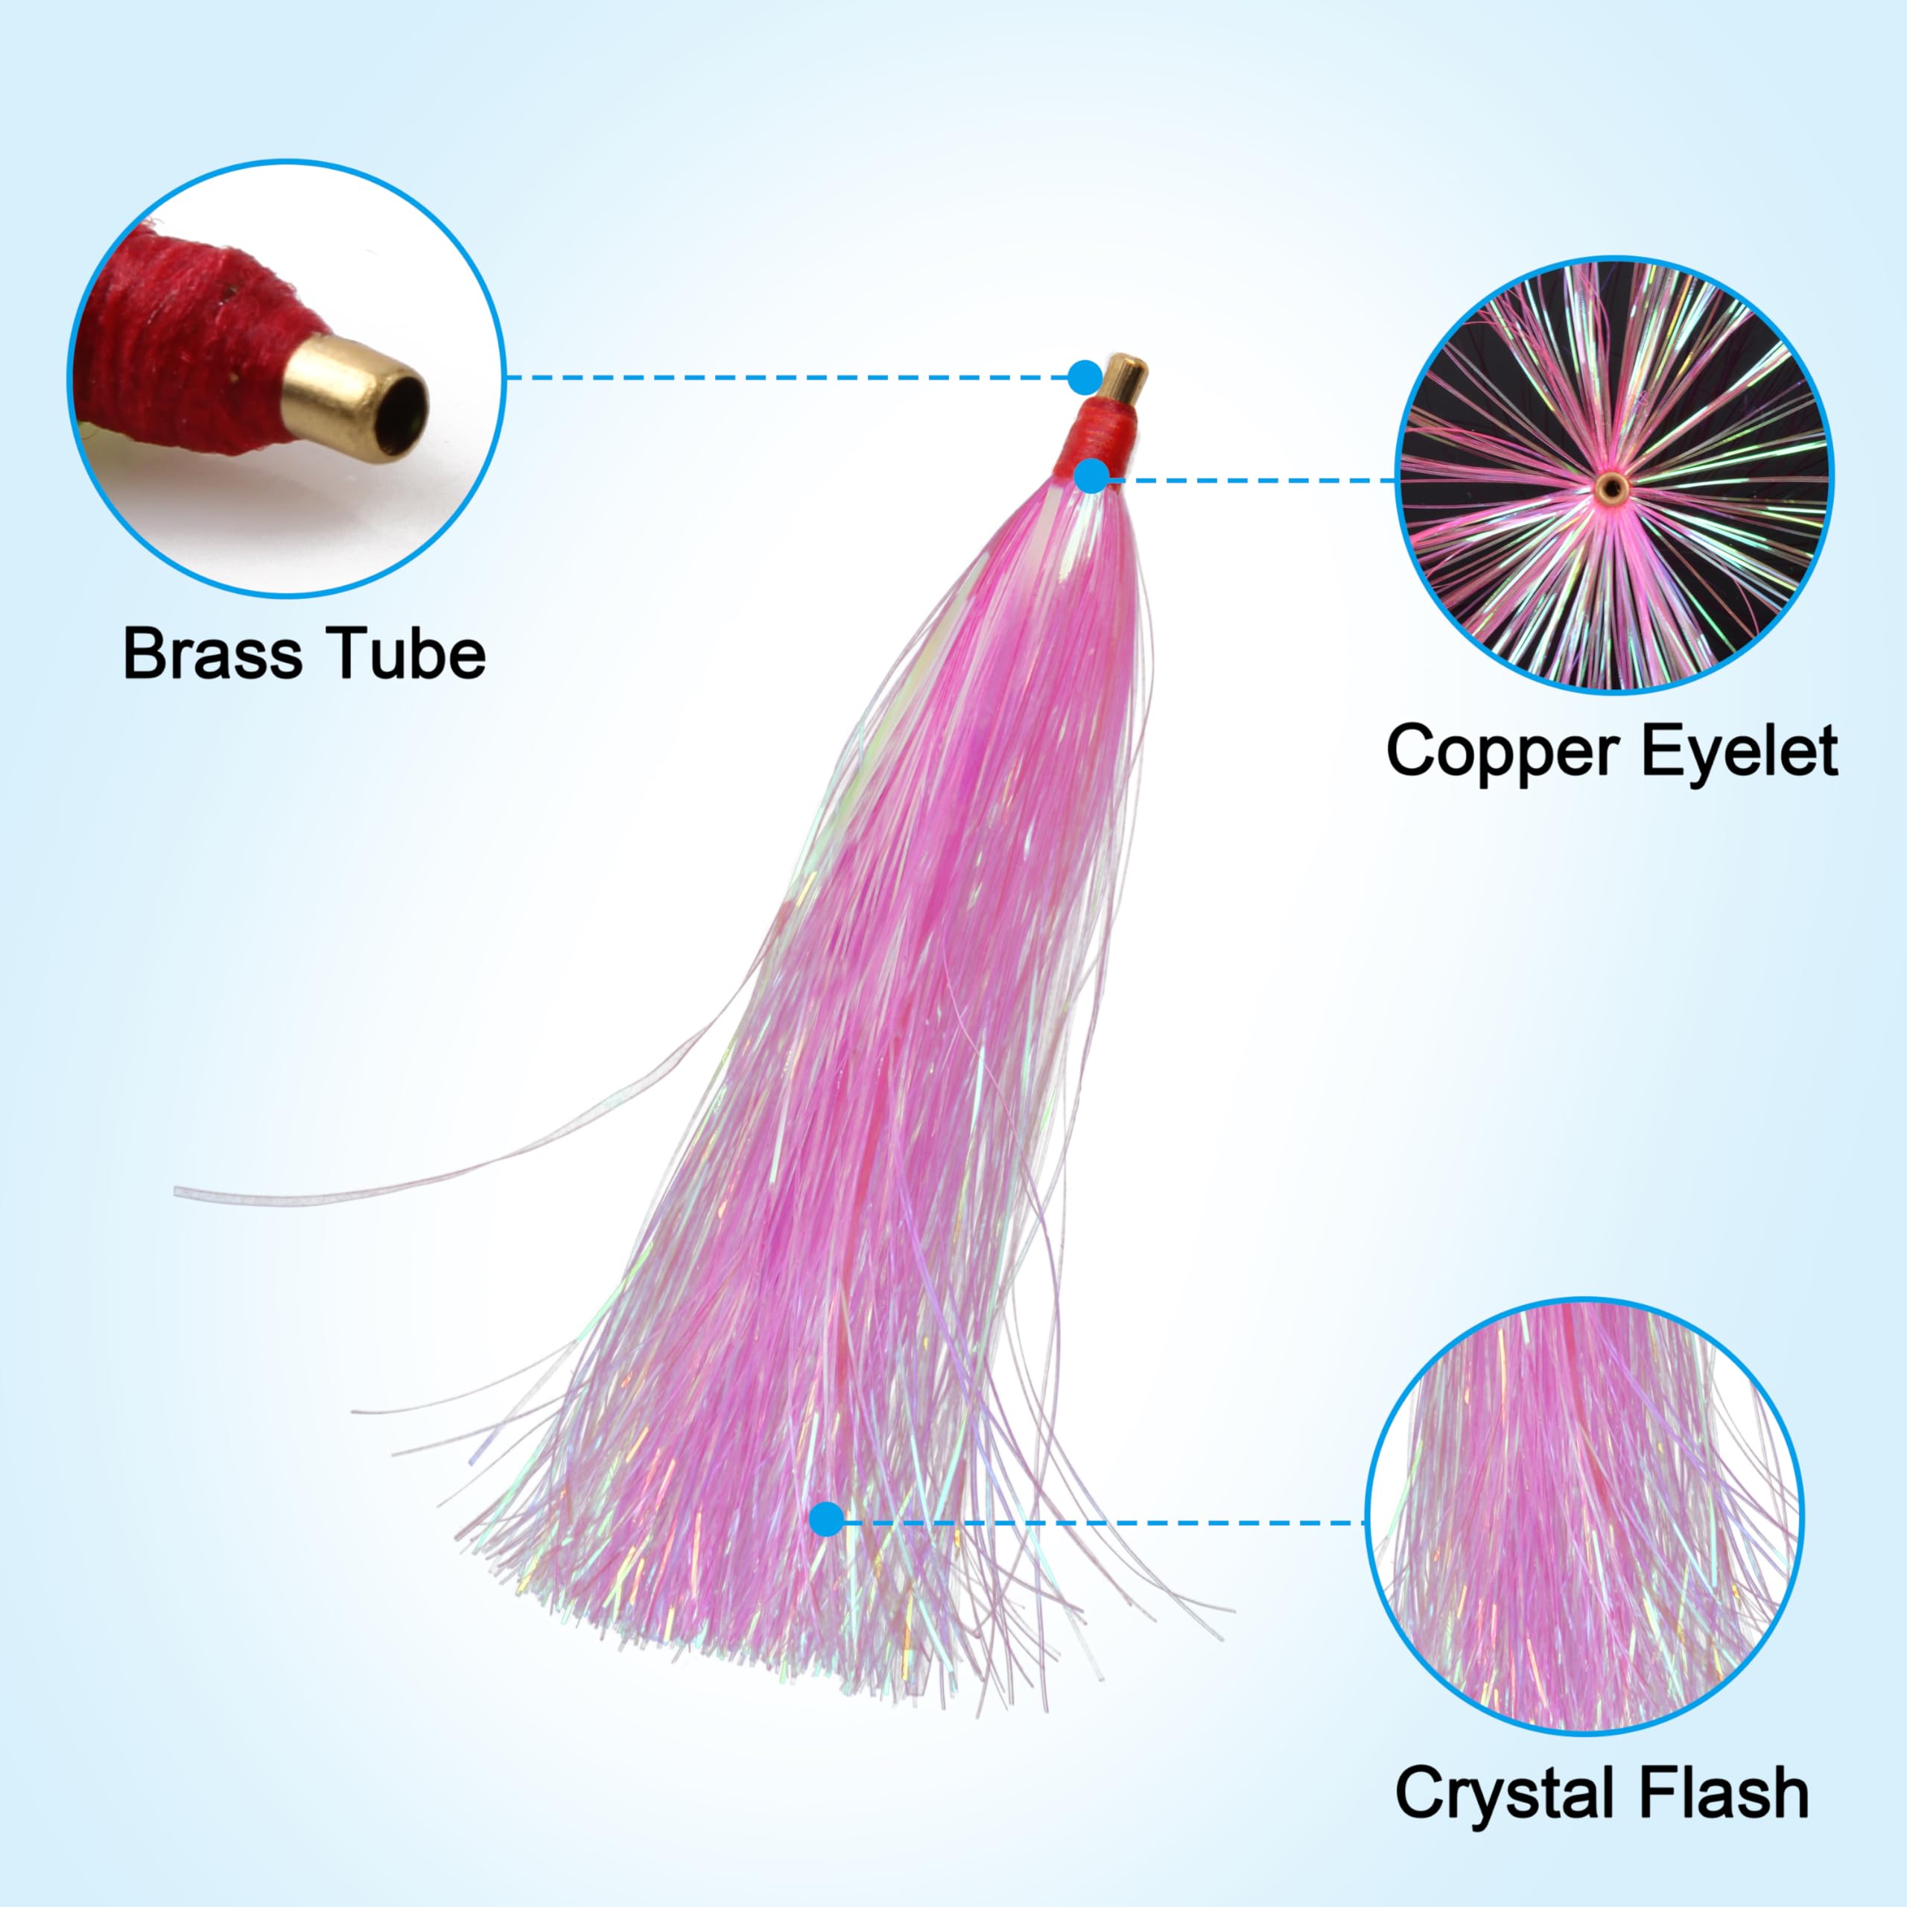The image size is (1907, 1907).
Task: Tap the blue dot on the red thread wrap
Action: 1091,476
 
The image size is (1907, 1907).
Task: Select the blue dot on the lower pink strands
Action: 827,1546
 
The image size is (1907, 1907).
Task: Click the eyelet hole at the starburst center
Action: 1612,485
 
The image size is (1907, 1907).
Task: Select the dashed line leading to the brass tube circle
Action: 790,377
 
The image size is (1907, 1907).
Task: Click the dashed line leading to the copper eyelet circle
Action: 1254,480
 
